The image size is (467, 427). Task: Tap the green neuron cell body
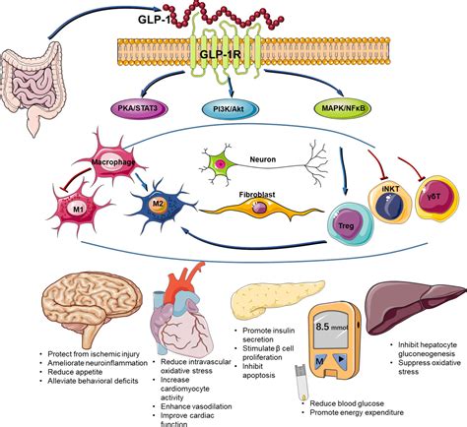(223, 160)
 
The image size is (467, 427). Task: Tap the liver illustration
(415, 301)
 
